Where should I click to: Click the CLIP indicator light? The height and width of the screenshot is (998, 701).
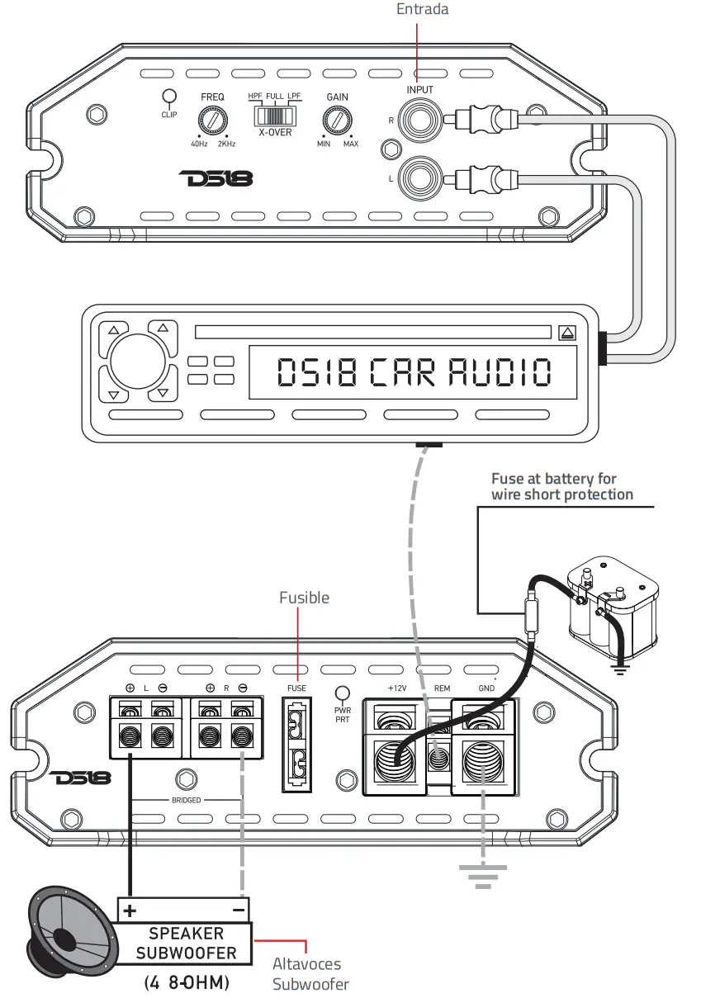coord(169,97)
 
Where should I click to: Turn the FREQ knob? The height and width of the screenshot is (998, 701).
coord(212,122)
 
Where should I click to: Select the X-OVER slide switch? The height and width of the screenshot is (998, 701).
coord(274,115)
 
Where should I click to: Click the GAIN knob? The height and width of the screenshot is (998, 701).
coord(337,122)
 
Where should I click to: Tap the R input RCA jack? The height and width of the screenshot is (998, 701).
coord(415,121)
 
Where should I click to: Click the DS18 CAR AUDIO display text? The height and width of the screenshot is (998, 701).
coord(414,373)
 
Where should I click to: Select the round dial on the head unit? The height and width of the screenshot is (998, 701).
coord(137,360)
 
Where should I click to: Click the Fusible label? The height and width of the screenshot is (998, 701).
coord(304,597)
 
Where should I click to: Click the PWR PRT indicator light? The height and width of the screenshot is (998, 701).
coord(343,694)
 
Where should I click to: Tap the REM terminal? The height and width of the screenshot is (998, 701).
coord(438,753)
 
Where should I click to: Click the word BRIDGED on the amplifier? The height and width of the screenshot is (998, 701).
coord(186,800)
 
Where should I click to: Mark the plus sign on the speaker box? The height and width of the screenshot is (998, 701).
coord(129,910)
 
